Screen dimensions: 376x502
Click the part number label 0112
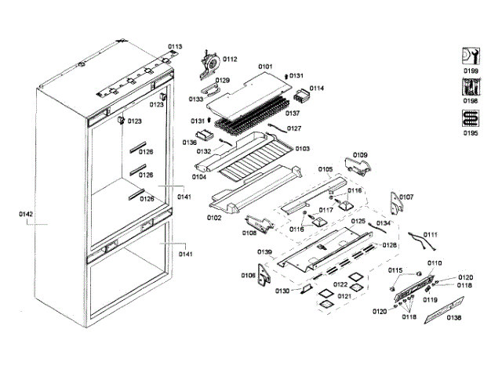tap(231, 60)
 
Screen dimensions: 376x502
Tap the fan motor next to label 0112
tap(209, 60)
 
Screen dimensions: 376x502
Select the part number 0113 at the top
tap(174, 47)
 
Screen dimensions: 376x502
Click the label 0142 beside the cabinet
tap(26, 213)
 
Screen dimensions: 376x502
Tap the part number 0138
tap(454, 317)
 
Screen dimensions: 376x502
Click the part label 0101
tap(265, 67)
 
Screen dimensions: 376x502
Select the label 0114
tap(316, 89)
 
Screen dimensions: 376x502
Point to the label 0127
tap(294, 128)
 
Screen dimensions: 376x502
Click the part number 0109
tap(358, 154)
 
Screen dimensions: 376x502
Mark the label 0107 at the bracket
tap(406, 197)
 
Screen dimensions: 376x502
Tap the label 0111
tap(431, 235)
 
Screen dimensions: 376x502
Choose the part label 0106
tap(247, 275)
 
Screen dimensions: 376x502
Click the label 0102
tap(213, 219)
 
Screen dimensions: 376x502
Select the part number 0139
tap(264, 251)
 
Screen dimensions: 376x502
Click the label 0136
tap(190, 143)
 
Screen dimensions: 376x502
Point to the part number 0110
tap(434, 263)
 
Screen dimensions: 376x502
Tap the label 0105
tap(325, 169)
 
